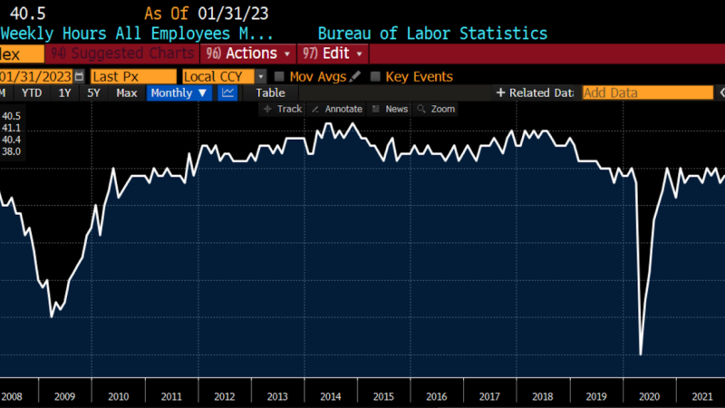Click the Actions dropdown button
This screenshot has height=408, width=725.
tap(249, 53)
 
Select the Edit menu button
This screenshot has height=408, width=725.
tap(334, 53)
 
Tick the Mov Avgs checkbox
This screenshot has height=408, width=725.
tap(280, 76)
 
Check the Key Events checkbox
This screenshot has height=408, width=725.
tap(375, 76)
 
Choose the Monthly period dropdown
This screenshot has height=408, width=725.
tap(179, 92)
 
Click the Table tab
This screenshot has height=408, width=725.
tap(270, 92)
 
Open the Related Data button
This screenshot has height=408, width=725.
tap(535, 92)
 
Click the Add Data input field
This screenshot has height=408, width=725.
tap(647, 92)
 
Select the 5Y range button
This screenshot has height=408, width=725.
tap(93, 92)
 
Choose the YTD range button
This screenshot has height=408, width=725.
tap(33, 92)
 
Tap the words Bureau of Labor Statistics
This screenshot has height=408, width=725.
tap(432, 34)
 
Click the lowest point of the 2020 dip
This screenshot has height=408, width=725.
tap(641, 354)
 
